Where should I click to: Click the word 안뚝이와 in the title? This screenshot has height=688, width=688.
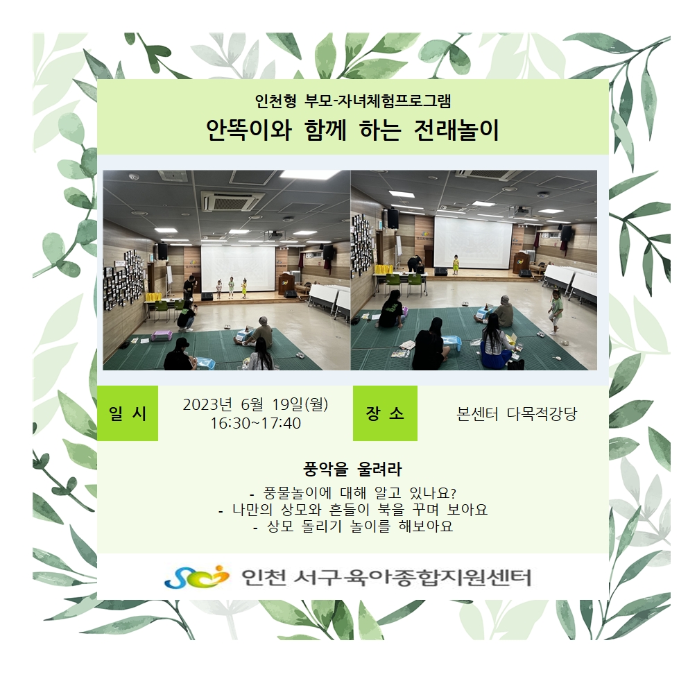pyautogui.click(x=249, y=130)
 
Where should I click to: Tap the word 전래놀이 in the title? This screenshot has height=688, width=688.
pyautogui.click(x=457, y=130)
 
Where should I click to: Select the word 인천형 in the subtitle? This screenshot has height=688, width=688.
pyautogui.click(x=276, y=101)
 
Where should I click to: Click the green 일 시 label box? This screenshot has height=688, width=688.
pyautogui.click(x=128, y=413)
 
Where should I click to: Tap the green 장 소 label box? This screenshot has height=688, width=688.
pyautogui.click(x=385, y=413)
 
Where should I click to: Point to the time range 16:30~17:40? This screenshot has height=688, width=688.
pyautogui.click(x=255, y=424)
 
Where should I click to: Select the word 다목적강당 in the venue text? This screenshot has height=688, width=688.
pyautogui.click(x=542, y=414)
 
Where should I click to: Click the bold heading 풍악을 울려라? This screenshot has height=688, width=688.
pyautogui.click(x=352, y=469)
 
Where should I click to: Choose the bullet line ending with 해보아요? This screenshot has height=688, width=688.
pyautogui.click(x=353, y=526)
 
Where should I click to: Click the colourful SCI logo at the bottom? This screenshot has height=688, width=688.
pyautogui.click(x=197, y=577)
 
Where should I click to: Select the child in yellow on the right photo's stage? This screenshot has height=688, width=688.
pyautogui.click(x=456, y=264)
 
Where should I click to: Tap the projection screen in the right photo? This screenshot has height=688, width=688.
pyautogui.click(x=474, y=242)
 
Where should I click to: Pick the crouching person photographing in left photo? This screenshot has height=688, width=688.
pyautogui.click(x=186, y=315)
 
